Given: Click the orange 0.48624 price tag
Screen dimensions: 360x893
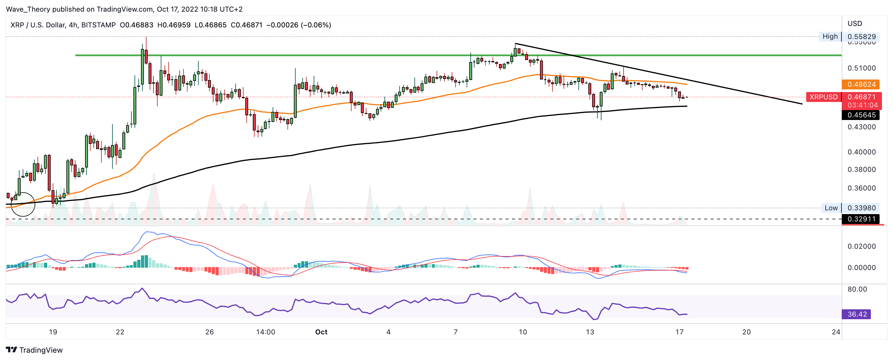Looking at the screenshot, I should point(860,84).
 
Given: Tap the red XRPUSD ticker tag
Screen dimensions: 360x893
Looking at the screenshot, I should point(823,97).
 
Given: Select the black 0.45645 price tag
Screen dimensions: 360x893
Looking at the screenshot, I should point(860,115).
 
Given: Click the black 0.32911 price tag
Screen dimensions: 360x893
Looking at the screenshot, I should point(860,219).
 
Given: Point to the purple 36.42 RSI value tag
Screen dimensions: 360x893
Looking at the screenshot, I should point(856,314).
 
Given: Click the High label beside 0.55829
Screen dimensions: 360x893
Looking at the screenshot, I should point(830,36).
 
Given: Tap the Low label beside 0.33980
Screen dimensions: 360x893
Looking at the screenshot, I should point(831,208).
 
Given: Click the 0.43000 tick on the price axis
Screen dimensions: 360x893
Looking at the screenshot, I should point(862,127).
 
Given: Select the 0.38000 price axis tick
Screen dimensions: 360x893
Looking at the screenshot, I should point(862,170).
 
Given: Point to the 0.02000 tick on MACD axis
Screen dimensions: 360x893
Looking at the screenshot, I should point(862,246).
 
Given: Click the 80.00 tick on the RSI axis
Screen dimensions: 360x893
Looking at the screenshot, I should point(857,289).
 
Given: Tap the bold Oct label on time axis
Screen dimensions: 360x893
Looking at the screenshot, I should point(321,332).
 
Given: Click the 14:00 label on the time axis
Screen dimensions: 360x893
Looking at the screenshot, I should point(266,332).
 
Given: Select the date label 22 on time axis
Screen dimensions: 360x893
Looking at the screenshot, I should point(120,332).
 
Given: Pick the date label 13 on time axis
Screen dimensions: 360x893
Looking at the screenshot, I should point(590,332).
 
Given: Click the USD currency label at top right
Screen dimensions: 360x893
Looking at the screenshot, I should point(855,24).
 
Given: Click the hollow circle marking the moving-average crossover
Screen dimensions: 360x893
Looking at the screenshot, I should point(23,204).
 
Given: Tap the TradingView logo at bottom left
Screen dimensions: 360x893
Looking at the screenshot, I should point(34,350).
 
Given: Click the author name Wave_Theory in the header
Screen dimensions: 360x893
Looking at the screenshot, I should point(28,9).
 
